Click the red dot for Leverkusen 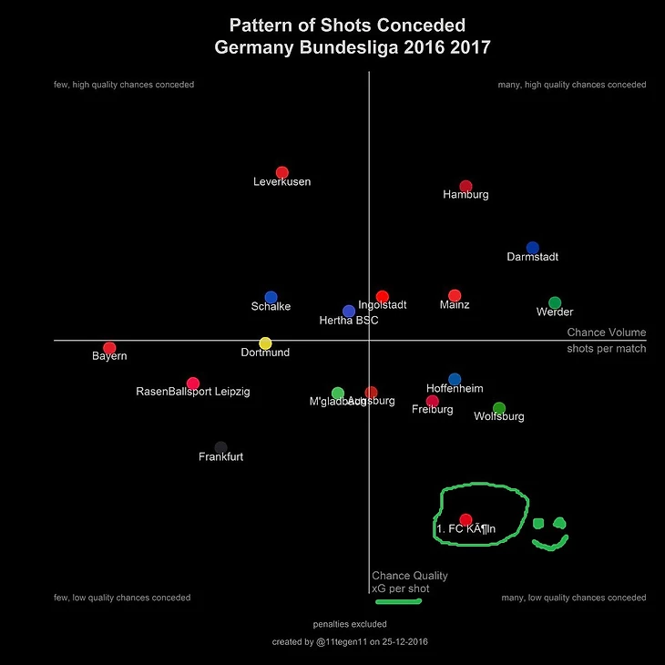282,173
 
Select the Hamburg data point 465,187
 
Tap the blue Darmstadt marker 533,248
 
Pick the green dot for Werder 555,303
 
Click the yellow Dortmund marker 265,343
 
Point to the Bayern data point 110,348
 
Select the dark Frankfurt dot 220,447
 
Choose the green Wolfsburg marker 499,408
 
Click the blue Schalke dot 271,298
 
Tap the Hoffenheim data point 455,379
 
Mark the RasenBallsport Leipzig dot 193,384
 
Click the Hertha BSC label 348,321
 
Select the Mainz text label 455,305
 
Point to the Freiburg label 432,410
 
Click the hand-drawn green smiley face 549,533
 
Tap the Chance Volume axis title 606,333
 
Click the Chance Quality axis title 410,576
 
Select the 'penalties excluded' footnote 350,625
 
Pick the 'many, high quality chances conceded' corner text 571,85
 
